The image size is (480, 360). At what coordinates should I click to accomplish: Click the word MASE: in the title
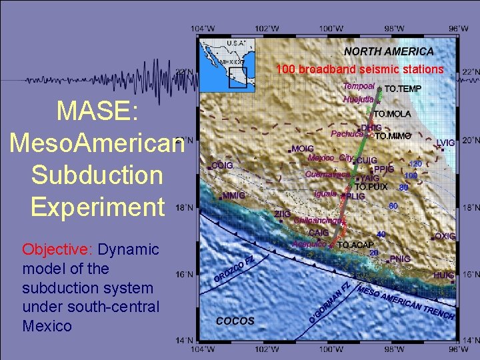97,111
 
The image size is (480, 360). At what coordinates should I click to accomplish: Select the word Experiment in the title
97,207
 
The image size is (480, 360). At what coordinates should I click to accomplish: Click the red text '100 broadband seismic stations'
359,69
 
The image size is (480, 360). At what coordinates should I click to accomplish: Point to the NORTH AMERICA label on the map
389,51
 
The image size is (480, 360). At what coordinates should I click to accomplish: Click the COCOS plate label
235,321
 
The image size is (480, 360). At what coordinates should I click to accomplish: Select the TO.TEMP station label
403,89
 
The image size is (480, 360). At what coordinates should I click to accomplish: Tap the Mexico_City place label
330,158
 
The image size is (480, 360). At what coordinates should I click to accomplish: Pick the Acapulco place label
309,244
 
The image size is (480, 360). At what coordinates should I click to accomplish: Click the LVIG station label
445,143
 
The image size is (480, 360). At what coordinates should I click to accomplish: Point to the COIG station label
222,165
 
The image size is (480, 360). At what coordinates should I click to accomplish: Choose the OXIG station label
445,236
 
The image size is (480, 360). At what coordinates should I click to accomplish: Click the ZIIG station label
283,213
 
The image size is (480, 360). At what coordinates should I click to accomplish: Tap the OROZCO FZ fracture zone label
233,268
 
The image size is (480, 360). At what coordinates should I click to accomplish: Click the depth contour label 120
415,164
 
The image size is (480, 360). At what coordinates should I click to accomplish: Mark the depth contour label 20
374,253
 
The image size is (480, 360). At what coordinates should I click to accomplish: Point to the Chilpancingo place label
319,220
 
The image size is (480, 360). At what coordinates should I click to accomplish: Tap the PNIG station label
400,259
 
